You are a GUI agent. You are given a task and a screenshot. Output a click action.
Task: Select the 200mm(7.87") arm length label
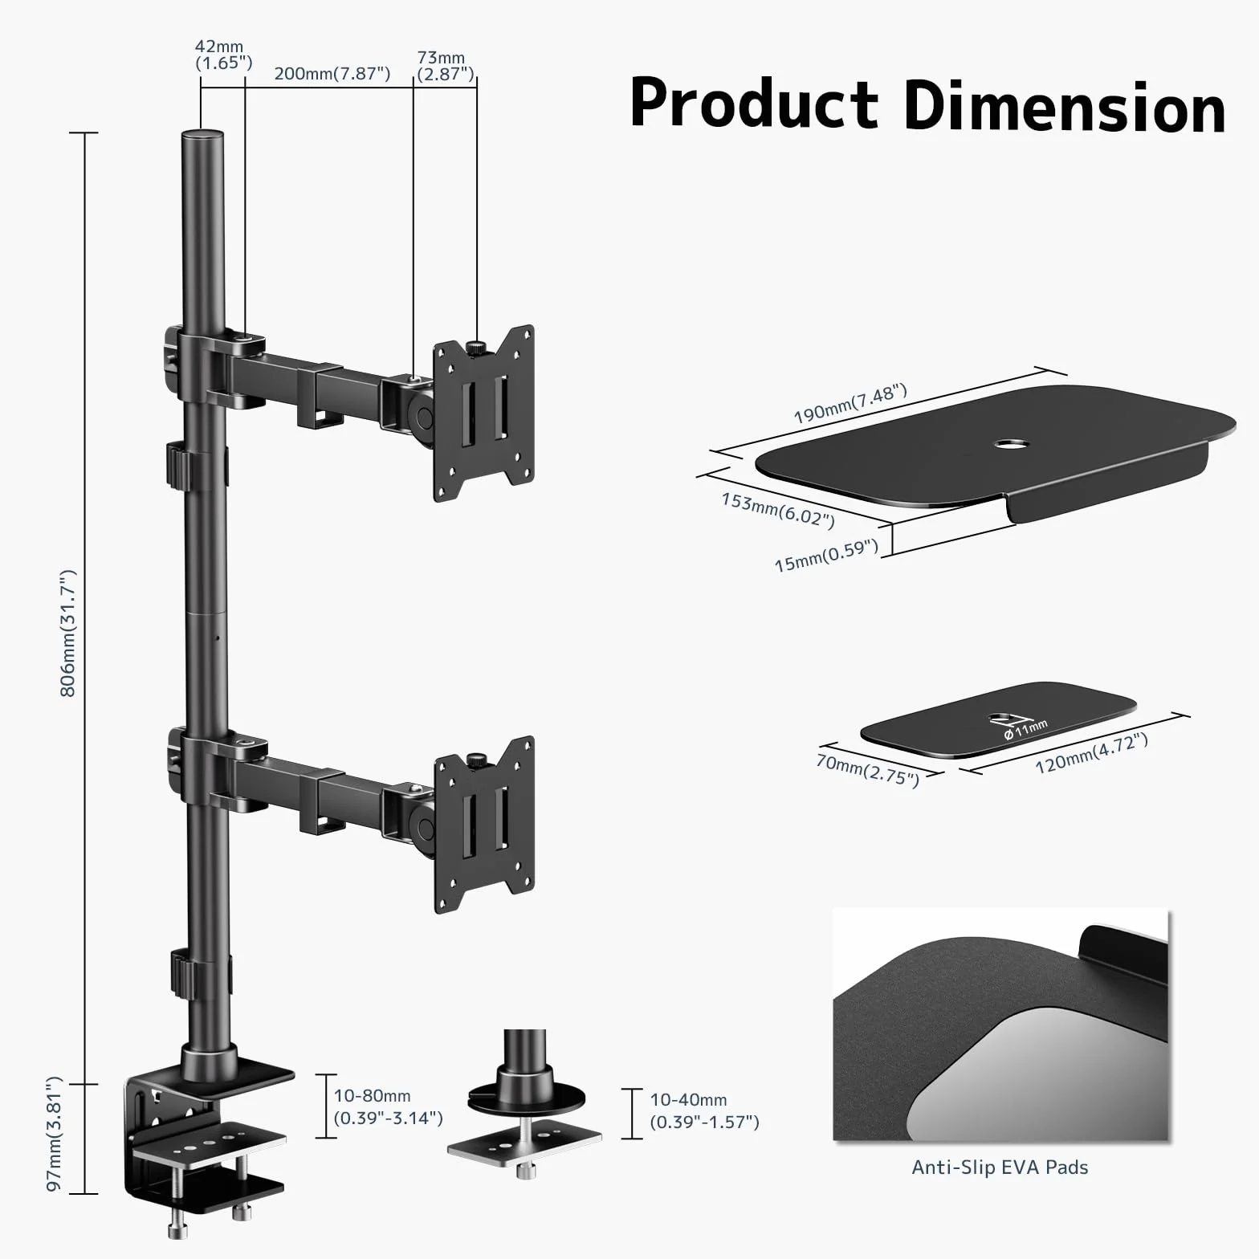[332, 74]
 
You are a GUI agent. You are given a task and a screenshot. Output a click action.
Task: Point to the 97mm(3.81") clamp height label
[54, 1134]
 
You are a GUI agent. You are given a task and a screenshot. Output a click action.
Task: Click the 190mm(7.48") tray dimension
[850, 404]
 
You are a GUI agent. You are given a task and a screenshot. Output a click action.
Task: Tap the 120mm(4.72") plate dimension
[1091, 753]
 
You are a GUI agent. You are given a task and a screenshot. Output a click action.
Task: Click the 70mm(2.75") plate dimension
[868, 771]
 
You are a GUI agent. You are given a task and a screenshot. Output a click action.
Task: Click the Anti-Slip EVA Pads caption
[1000, 1167]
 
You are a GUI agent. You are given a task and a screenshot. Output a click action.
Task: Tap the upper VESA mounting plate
[484, 414]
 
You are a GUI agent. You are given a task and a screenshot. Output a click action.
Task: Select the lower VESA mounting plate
[484, 825]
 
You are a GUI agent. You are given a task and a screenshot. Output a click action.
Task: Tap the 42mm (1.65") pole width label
[222, 55]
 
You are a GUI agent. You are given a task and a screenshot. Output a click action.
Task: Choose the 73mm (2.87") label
[445, 66]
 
